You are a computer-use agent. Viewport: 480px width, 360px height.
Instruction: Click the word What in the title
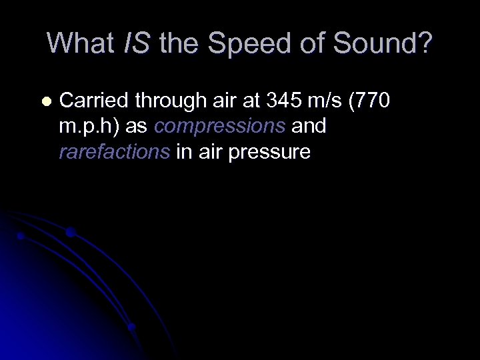[81, 43]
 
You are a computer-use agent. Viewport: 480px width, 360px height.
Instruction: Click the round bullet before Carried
[45, 102]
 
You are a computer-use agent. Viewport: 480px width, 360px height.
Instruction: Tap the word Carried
[94, 101]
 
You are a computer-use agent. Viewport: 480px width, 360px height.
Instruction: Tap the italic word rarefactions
[114, 152]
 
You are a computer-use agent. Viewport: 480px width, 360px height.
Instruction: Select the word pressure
[269, 153]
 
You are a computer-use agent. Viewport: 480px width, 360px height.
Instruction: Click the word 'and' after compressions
[309, 127]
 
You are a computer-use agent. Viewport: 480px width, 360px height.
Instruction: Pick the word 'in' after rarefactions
[183, 152]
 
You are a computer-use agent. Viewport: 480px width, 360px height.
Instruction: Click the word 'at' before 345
[254, 101]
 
